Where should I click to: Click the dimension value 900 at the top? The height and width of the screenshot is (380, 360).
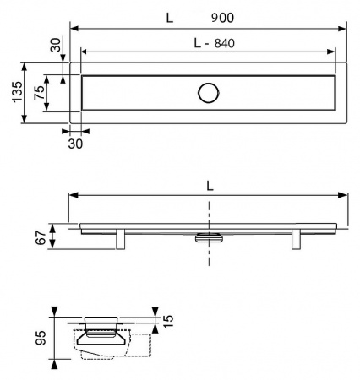pos(222,18)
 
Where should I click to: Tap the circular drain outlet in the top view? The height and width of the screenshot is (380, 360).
pos(208,93)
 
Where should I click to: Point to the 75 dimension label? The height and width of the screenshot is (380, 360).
pos(36,93)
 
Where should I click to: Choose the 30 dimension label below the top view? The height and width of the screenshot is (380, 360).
pos(76,144)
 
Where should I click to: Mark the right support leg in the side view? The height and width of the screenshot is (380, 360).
pos(296,239)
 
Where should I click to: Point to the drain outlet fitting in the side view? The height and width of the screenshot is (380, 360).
pos(208,237)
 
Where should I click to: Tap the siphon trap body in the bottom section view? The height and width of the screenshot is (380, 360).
pos(102,339)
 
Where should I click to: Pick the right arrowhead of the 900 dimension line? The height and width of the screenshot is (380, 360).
pos(344,28)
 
